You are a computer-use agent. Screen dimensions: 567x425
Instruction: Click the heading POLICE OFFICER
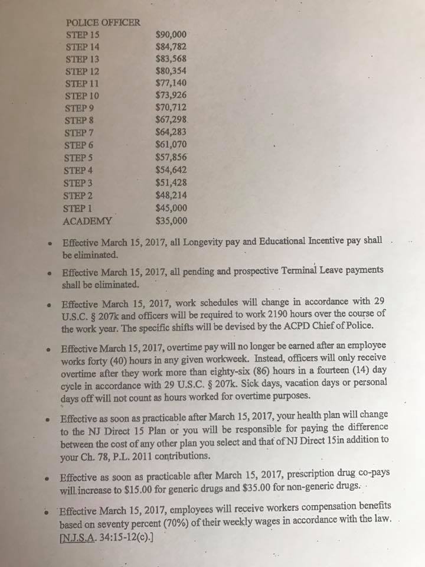pos(103,23)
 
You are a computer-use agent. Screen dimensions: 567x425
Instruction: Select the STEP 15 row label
pos(83,34)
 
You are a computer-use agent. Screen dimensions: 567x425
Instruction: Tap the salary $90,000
pos(171,34)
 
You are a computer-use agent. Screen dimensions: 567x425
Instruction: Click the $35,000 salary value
pos(171,221)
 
